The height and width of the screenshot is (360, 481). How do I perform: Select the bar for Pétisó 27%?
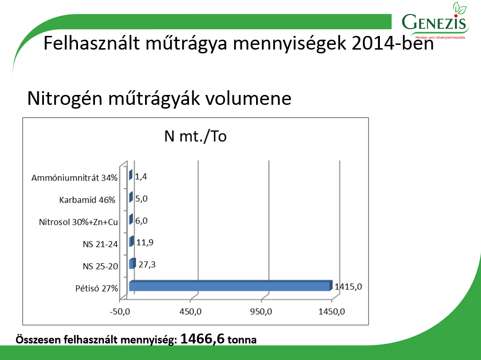[231, 285]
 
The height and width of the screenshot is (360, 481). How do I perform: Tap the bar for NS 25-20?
[132, 264]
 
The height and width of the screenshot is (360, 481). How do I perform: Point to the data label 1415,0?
[348, 287]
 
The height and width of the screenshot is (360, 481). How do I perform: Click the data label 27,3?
[147, 265]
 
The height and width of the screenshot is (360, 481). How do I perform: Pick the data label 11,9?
[145, 242]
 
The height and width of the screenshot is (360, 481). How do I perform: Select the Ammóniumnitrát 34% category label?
[75, 178]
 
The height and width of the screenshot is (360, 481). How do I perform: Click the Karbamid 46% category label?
[87, 200]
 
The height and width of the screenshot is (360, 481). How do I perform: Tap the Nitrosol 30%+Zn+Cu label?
[78, 222]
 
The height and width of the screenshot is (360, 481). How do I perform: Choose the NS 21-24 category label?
[100, 244]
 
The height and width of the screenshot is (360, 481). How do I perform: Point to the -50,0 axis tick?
[120, 311]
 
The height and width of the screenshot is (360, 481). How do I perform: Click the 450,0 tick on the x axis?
[190, 311]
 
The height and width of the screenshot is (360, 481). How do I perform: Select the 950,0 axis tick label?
[261, 311]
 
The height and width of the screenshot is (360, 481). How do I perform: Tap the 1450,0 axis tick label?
[332, 311]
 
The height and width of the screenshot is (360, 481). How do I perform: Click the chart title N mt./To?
[196, 137]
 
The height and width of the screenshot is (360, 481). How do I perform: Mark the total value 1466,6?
[202, 339]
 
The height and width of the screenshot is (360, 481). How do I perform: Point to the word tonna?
[242, 340]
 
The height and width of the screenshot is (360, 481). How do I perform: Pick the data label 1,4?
[141, 176]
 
